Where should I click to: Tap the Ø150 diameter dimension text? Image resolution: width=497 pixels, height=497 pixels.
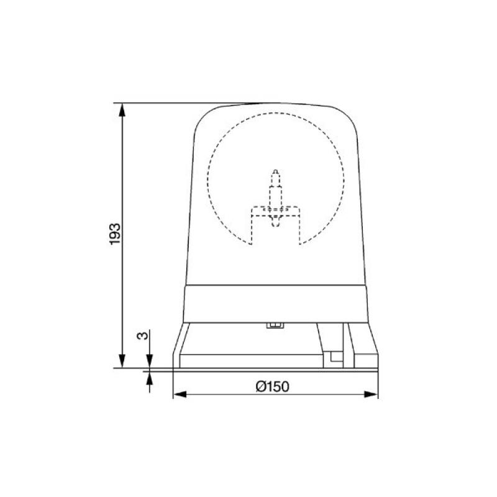(x=272, y=385)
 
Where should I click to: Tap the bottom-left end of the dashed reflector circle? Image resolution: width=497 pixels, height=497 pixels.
(x=252, y=244)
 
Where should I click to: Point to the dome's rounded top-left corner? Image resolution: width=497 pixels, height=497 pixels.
(x=202, y=118)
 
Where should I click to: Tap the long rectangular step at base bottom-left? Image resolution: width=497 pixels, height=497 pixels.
(x=248, y=360)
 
